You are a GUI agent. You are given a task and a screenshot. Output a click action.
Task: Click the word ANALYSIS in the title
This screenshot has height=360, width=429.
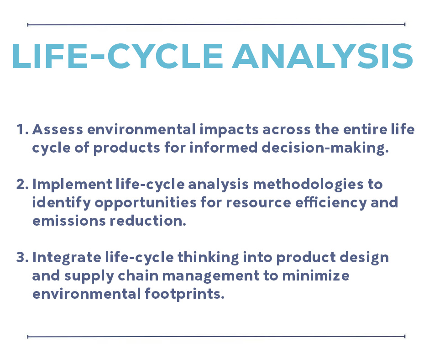click(x=322, y=56)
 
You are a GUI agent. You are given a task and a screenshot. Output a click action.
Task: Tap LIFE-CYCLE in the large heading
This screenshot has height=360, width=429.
click(x=118, y=56)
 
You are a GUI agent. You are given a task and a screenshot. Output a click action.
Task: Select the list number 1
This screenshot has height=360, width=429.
click(x=23, y=129)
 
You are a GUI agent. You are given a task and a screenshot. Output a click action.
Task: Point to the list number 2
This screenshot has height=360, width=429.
click(x=23, y=184)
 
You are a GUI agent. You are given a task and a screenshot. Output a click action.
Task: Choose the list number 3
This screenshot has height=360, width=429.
click(x=23, y=257)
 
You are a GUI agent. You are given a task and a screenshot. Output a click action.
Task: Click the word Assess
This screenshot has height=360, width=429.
click(x=58, y=129)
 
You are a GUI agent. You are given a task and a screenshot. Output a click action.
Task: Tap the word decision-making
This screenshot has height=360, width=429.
click(x=325, y=148)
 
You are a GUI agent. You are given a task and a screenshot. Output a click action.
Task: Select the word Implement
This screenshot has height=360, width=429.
click(x=72, y=185)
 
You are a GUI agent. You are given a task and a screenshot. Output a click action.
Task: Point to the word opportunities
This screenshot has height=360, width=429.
click(x=146, y=203)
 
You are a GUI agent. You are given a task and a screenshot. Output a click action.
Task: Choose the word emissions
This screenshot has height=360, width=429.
click(x=69, y=221)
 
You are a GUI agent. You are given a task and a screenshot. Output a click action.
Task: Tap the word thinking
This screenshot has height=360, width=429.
click(x=208, y=258)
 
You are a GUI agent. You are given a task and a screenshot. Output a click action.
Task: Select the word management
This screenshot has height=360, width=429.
click(x=211, y=276)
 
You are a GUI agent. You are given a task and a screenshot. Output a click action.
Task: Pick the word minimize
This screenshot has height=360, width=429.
click(x=316, y=275)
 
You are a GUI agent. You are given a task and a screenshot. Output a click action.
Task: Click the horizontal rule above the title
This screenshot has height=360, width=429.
click(x=216, y=25)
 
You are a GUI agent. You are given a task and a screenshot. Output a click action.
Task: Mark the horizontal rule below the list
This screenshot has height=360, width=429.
click(x=216, y=336)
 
